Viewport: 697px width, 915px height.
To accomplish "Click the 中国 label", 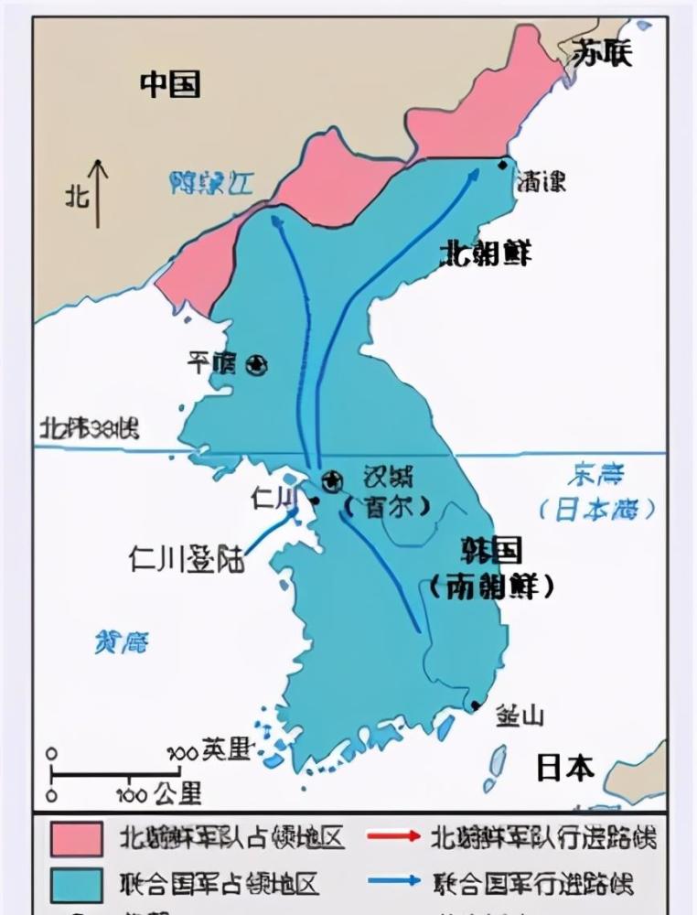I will (x=170, y=84).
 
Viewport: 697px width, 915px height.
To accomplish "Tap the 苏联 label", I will (x=602, y=54).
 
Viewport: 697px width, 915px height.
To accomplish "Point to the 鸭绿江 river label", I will (x=211, y=183).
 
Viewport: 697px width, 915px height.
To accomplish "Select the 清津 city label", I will (x=541, y=181).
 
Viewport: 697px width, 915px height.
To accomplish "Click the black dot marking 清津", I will (x=502, y=165).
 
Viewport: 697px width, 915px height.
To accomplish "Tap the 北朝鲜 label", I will (x=485, y=253).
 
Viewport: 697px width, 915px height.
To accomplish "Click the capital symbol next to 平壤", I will (x=257, y=365).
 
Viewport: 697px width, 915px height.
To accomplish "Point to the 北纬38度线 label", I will (x=89, y=427).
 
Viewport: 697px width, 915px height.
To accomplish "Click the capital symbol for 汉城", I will (x=332, y=479).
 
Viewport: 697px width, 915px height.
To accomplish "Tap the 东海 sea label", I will (x=595, y=475).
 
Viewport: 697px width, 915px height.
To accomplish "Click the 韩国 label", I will (x=492, y=551).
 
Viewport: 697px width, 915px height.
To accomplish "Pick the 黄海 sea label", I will (x=122, y=643).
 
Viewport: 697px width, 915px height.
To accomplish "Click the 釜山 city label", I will (x=520, y=714).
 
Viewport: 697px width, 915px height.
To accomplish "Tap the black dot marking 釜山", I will (x=476, y=705).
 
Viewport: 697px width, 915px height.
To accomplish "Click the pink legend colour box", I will (x=76, y=838).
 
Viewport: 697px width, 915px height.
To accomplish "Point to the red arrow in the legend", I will (x=393, y=836).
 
